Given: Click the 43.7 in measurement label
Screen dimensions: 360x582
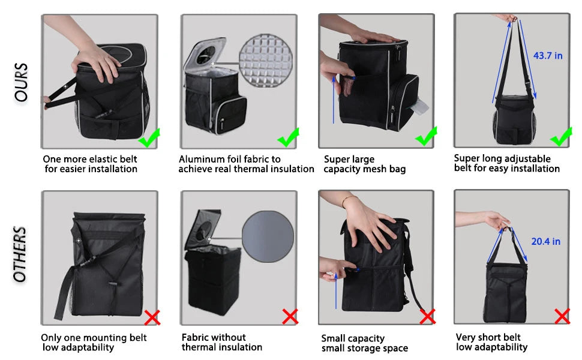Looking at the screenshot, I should point(547,56).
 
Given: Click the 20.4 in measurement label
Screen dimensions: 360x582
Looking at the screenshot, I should point(545,241).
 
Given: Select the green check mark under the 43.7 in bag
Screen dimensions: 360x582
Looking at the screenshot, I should point(561,137).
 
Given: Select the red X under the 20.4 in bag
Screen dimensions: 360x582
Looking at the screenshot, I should point(562,316).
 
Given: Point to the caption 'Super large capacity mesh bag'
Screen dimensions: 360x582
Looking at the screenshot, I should point(365,164).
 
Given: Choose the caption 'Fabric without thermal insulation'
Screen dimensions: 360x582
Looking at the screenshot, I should point(222,342).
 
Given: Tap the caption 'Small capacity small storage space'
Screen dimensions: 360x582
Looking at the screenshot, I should point(364,343).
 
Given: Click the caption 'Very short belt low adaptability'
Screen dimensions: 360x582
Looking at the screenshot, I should point(491,342).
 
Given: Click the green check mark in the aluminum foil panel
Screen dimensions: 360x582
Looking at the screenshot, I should point(288,137).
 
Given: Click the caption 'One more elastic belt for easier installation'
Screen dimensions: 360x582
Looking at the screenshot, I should point(90,164).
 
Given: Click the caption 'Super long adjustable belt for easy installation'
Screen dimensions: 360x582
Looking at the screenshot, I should point(506,163).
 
